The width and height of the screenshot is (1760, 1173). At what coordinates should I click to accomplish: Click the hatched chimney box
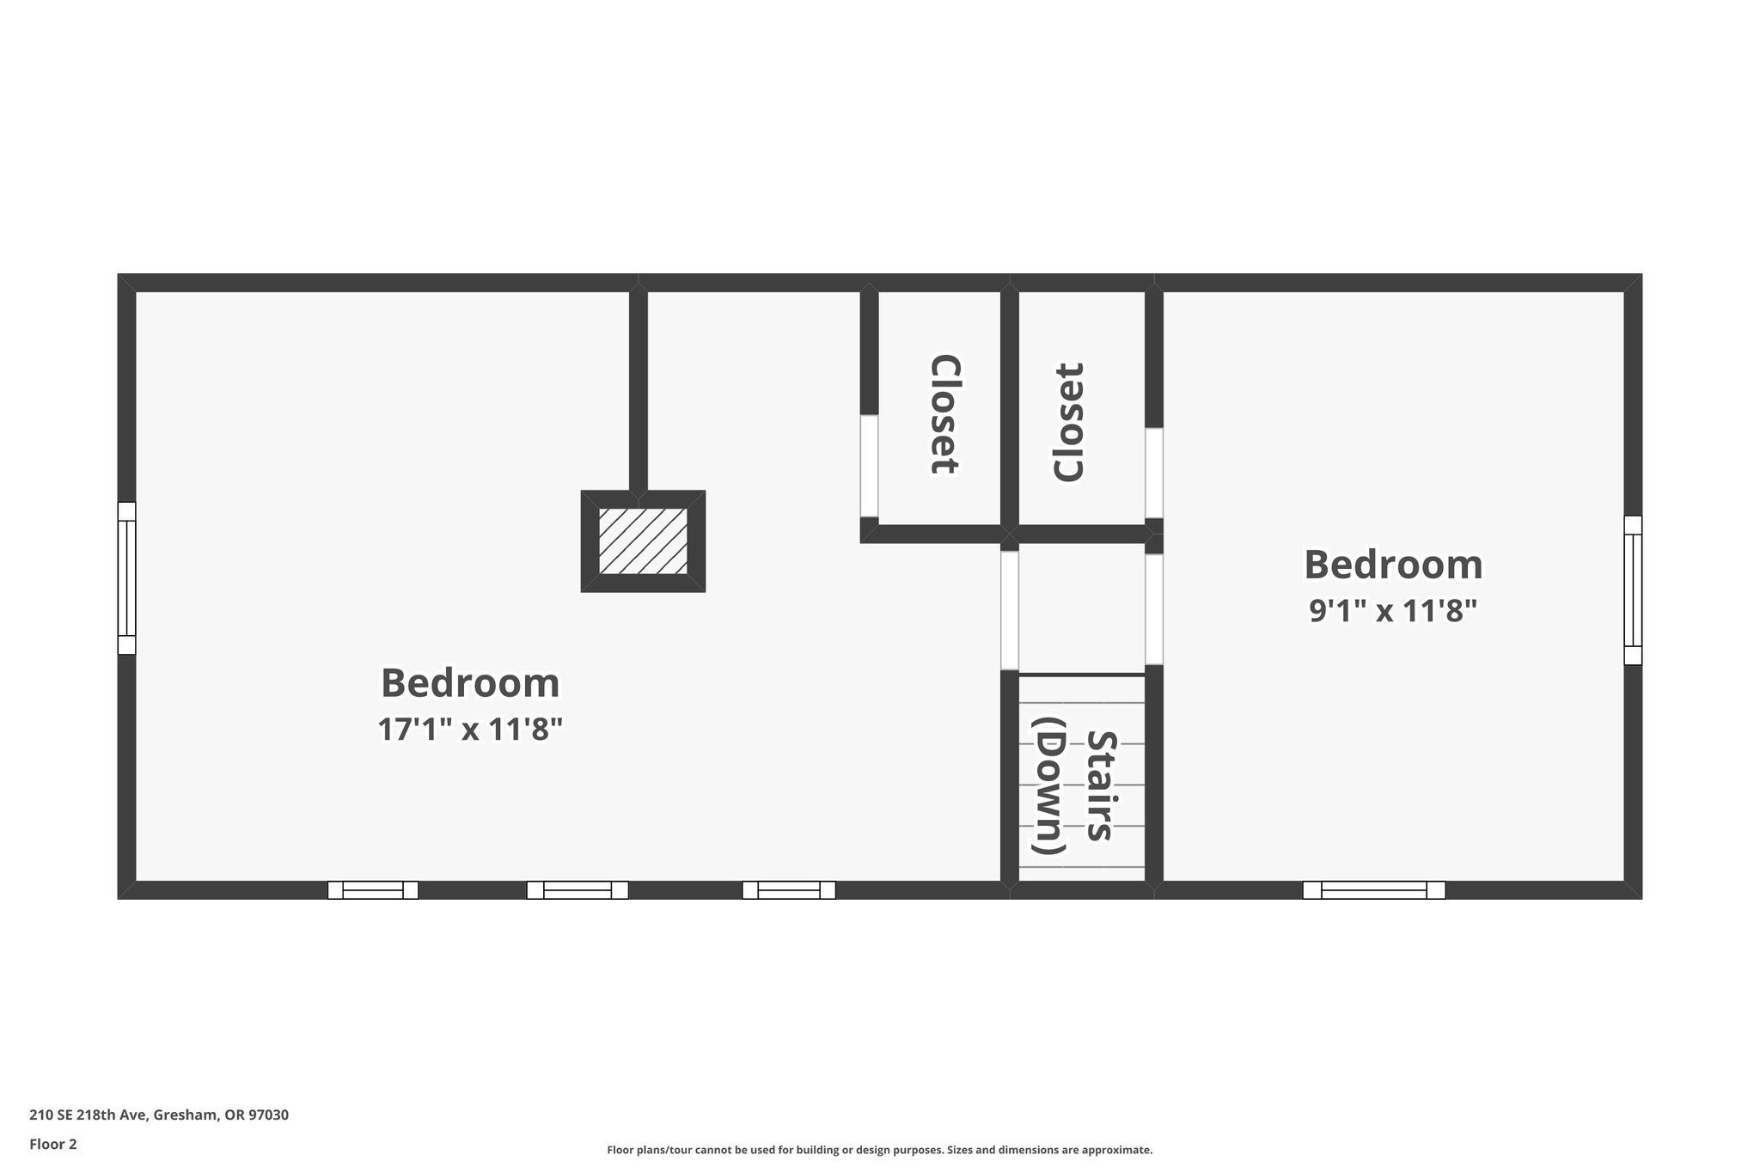pyautogui.click(x=643, y=541)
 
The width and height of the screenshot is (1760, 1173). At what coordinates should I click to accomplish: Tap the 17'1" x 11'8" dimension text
pyautogui.click(x=470, y=730)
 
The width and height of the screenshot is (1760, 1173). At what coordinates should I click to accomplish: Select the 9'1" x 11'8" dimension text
pyautogui.click(x=1392, y=611)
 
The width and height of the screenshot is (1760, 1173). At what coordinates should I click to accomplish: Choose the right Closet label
pyautogui.click(x=1069, y=422)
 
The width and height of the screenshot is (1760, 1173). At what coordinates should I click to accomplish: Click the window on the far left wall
pyautogui.click(x=126, y=578)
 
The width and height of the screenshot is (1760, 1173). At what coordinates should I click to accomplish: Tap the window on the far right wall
pyautogui.click(x=1632, y=590)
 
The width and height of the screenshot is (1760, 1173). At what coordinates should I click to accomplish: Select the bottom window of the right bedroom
pyautogui.click(x=1373, y=890)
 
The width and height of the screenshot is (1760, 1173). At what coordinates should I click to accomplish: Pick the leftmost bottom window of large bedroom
pyautogui.click(x=373, y=890)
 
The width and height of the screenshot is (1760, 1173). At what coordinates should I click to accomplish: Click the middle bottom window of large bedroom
pyautogui.click(x=577, y=890)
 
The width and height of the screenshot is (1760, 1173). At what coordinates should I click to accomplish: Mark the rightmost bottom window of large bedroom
pyautogui.click(x=789, y=890)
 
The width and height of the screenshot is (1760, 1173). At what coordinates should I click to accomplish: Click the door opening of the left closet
pyautogui.click(x=869, y=466)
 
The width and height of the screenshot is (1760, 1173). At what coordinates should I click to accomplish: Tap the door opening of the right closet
pyautogui.click(x=1154, y=473)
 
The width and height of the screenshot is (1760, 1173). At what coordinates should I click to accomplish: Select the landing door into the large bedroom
pyautogui.click(x=1010, y=610)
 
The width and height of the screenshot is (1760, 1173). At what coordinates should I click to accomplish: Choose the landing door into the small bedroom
pyautogui.click(x=1154, y=609)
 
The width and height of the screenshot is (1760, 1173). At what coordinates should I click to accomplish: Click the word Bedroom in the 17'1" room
pyautogui.click(x=470, y=683)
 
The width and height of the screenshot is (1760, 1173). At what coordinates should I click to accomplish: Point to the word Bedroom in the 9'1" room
pyautogui.click(x=1393, y=565)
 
